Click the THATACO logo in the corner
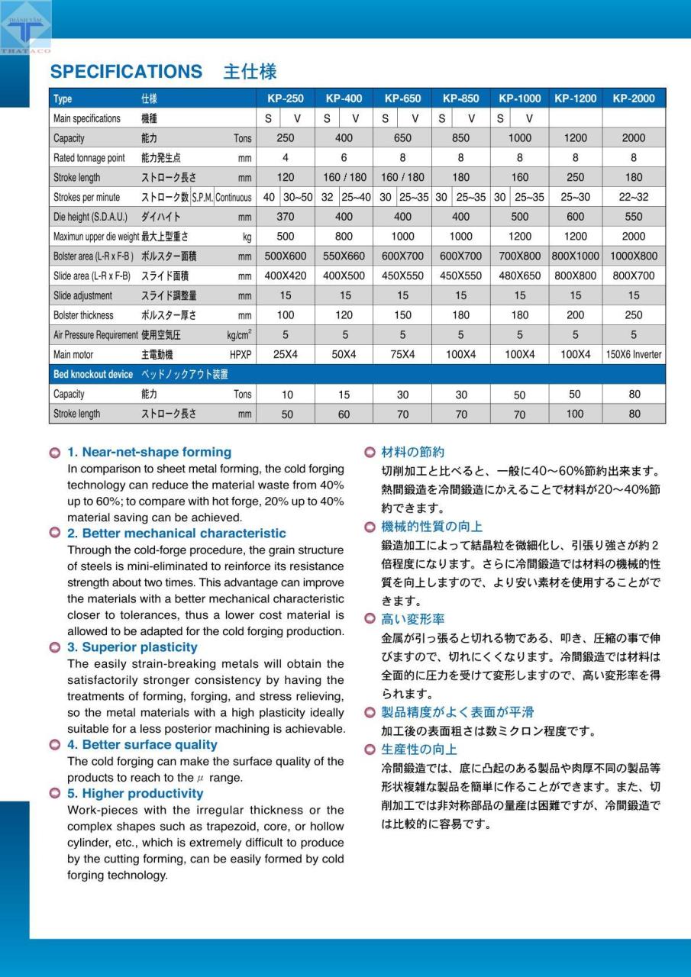(x=26, y=31)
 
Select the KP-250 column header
(x=285, y=98)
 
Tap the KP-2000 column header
(x=633, y=98)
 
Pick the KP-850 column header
(x=460, y=98)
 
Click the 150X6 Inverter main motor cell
(x=633, y=355)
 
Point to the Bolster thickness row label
(x=83, y=315)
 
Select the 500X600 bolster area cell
(x=285, y=256)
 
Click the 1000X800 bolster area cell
(x=633, y=256)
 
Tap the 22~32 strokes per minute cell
(x=633, y=197)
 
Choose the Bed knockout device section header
(x=93, y=375)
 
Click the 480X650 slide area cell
(x=519, y=276)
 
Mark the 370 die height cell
(x=285, y=217)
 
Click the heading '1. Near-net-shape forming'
(x=149, y=452)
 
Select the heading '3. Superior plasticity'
(x=132, y=647)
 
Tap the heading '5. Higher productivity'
(x=135, y=794)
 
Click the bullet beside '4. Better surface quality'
(x=54, y=745)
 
